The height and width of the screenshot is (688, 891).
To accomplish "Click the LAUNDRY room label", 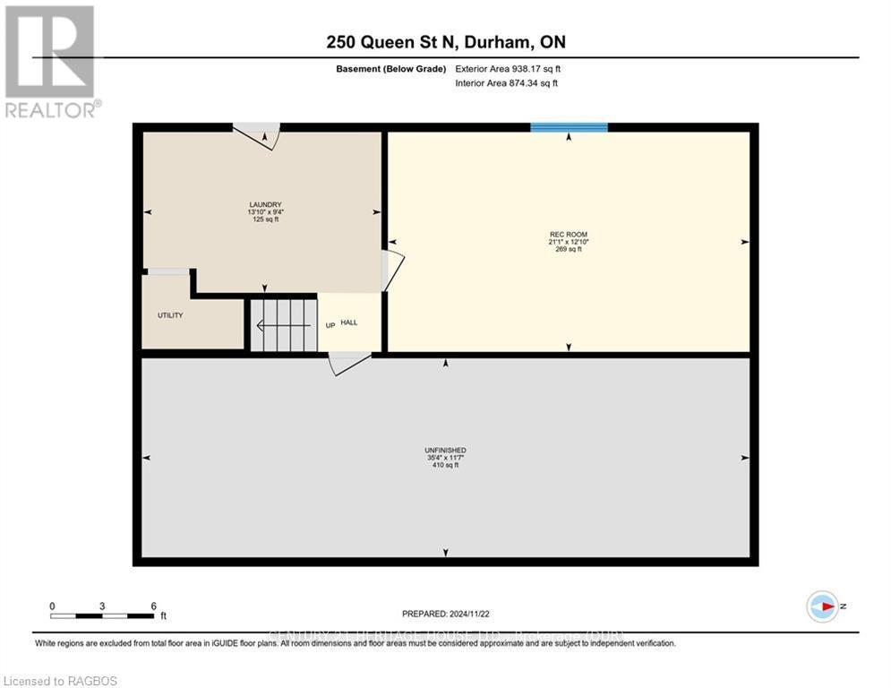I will (265, 204).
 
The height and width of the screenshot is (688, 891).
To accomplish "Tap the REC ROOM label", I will (568, 234).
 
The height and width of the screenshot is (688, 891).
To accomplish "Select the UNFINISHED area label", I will (445, 450).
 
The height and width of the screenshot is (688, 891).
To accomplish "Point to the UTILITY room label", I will (170, 315).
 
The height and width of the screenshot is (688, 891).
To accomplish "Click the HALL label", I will (349, 322).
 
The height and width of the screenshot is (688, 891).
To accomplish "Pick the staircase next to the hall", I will (283, 325).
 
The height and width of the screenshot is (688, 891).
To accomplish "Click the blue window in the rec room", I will (569, 127).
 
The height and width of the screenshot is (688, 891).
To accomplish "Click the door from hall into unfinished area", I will (349, 362).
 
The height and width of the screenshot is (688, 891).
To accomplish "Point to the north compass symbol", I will (823, 606).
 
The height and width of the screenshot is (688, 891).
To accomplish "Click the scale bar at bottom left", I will (102, 615).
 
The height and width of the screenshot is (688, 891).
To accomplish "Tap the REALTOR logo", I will (50, 61).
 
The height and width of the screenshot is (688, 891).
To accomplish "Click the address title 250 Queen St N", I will (445, 42).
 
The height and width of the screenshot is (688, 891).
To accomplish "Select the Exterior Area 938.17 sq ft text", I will (509, 69).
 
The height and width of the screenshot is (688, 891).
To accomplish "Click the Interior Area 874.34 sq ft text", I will (507, 83).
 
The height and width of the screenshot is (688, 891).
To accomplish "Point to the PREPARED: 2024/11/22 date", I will (445, 614).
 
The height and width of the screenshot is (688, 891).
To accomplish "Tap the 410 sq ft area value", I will (445, 466).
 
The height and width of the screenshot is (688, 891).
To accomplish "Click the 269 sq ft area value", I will (568, 249).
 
